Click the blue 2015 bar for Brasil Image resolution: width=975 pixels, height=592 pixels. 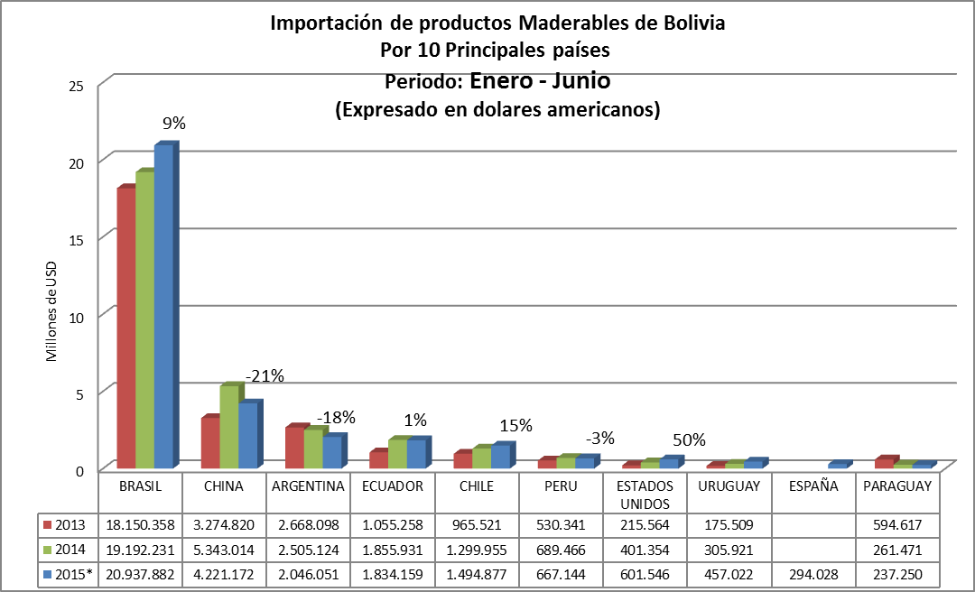point(163,307)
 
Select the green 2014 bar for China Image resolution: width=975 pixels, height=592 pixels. point(229,426)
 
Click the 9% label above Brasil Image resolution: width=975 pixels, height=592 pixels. point(173,124)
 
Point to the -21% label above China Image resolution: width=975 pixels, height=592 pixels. point(265,375)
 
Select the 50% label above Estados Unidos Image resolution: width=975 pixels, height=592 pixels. point(689,439)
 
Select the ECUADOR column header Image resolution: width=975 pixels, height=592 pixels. point(392,486)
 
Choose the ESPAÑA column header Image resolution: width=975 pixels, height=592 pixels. point(813,486)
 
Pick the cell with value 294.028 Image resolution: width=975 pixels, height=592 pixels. point(813,574)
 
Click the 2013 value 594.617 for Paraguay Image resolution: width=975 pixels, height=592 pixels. point(897,523)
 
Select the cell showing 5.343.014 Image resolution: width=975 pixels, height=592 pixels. point(223,549)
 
